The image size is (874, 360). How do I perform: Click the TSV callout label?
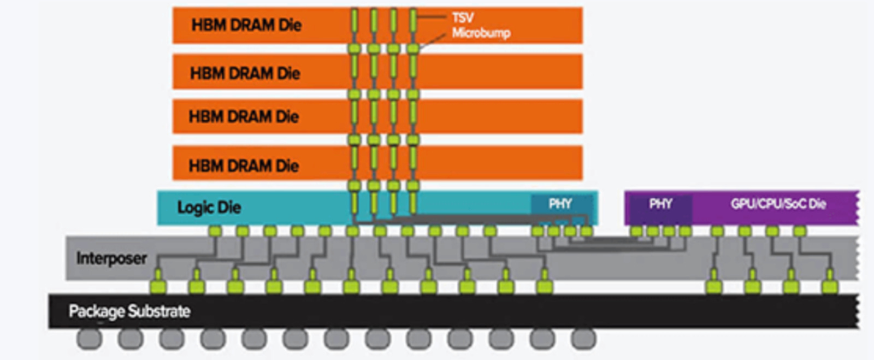coord(463,17)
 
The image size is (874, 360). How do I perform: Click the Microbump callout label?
coord(481,33)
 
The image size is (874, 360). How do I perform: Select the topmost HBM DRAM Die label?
coord(246,25)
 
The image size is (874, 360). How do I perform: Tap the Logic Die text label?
coord(209,208)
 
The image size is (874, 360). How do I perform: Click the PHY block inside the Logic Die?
coord(560,204)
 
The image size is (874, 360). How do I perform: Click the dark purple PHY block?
coord(660,204)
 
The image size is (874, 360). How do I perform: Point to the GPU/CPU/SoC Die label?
coord(778,204)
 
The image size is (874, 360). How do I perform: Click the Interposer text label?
coord(111,258)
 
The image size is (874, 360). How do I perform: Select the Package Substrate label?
coord(129,311)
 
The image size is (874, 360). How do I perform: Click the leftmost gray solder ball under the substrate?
coord(89,339)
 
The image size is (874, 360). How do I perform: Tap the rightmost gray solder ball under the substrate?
coord(583,339)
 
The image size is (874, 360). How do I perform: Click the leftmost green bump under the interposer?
coord(158,286)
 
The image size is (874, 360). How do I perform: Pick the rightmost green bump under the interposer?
coord(830,286)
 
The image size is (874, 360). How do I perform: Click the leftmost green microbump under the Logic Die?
coord(215,231)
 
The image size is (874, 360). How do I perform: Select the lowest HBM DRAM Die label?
coord(244,166)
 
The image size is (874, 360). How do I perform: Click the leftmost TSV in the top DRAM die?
coord(354,24)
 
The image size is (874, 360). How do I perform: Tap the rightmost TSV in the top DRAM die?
coord(413,24)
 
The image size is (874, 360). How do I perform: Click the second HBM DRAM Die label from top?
coord(245,73)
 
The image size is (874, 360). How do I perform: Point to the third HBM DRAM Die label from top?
coord(244,116)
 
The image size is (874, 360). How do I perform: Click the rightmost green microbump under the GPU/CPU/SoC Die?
coord(800,231)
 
